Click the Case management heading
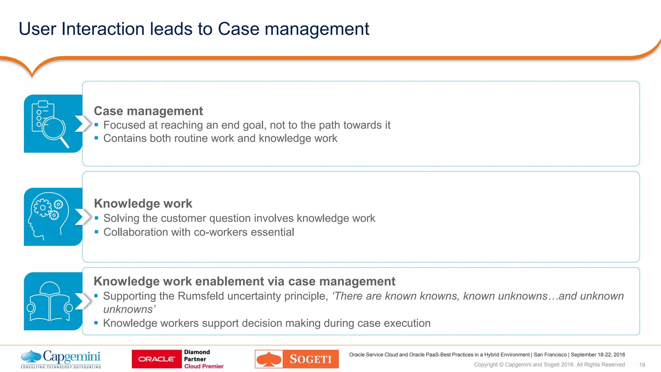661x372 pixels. [x=148, y=111]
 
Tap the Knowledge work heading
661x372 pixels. [x=143, y=204]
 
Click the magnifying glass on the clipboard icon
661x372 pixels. [x=54, y=129]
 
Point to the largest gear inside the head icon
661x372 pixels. [x=42, y=208]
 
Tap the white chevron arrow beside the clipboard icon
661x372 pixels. [x=83, y=124]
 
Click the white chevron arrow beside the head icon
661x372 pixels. [x=83, y=217]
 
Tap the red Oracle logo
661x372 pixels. [x=157, y=359]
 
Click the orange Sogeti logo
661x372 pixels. [x=297, y=359]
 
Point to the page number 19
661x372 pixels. [x=642, y=365]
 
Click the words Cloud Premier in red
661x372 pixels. [x=204, y=366]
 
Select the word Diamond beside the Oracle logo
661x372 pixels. [x=197, y=352]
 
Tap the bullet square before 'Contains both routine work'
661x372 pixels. [x=96, y=138]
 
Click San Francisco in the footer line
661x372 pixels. [x=550, y=355]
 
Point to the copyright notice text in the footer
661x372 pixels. [x=549, y=365]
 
